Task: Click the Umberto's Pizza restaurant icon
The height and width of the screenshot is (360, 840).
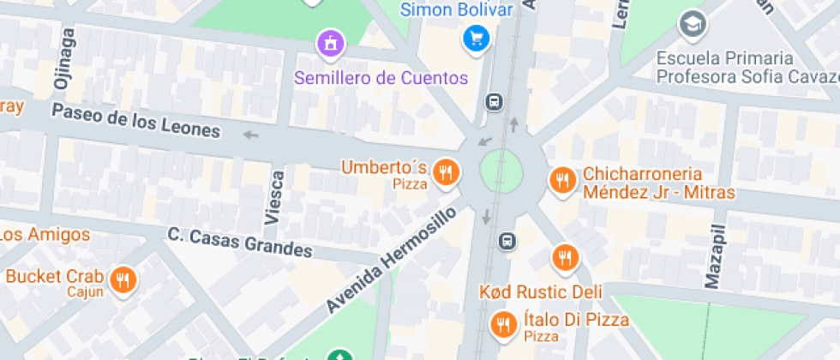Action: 445,172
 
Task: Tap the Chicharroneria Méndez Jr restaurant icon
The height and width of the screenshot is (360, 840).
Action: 562,180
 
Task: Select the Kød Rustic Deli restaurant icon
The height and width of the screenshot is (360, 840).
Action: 564,257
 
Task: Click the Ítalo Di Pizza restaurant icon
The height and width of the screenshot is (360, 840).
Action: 502,323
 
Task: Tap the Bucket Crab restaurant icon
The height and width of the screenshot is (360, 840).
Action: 123,279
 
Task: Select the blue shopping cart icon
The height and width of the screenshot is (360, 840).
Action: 475,38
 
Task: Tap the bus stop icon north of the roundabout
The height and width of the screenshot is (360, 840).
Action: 495,102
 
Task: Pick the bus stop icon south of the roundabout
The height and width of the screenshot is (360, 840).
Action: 507,241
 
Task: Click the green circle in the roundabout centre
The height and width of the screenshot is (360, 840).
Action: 501,171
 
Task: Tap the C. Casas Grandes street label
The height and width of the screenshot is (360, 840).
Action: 240,243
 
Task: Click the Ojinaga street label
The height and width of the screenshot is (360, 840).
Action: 63,59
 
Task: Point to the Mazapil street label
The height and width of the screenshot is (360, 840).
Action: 717,256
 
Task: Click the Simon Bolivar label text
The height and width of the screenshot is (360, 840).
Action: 457,10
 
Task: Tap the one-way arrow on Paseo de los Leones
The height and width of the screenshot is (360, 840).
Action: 250,135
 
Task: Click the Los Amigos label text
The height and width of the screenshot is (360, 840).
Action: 45,234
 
